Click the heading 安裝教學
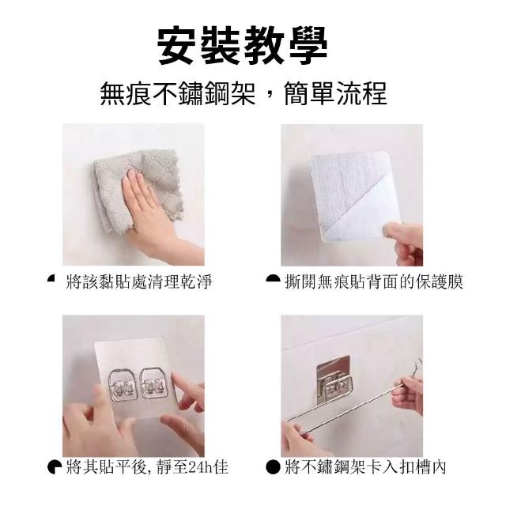243,45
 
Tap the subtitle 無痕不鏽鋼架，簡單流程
244,94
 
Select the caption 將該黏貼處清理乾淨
139,281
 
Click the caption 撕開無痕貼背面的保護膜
374,281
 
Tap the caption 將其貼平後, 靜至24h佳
147,467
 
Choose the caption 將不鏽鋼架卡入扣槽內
365,467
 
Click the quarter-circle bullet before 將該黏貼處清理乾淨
51,278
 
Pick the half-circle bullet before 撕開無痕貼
273,278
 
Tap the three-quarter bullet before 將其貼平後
55,467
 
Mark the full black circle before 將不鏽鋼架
273,467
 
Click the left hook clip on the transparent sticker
123,385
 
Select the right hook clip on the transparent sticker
154,383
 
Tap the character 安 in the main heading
177,46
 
